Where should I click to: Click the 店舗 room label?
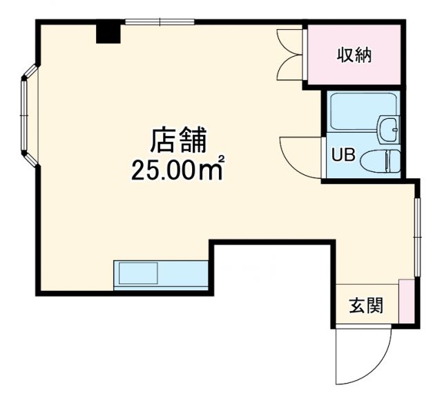click(179, 141)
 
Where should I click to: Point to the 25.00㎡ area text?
click(178, 169)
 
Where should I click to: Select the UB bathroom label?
click(343, 156)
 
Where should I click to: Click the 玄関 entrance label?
click(365, 305)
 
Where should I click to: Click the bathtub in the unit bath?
click(356, 113)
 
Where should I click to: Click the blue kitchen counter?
click(161, 274)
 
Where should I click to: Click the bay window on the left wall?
click(28, 115)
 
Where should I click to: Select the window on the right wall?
click(417, 232)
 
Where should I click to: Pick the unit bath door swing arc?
click(298, 156)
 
